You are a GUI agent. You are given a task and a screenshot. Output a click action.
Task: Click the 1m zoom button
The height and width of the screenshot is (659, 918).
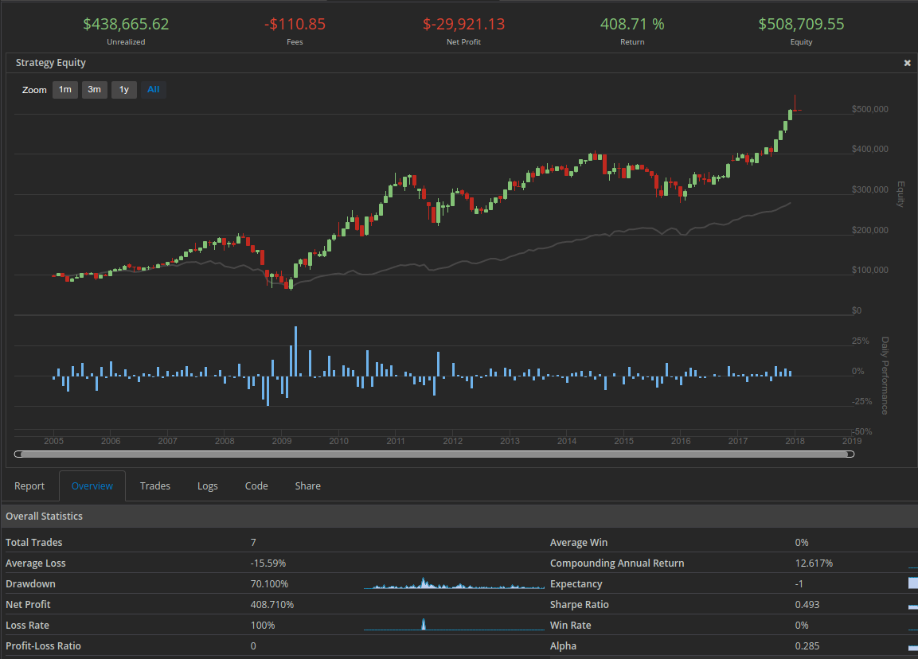click(65, 90)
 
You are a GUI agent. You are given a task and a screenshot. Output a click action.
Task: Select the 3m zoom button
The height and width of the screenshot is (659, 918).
click(94, 90)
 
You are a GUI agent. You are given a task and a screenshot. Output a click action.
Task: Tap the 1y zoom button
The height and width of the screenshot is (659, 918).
click(124, 90)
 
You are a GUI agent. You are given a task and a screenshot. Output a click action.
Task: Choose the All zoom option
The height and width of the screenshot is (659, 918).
click(154, 90)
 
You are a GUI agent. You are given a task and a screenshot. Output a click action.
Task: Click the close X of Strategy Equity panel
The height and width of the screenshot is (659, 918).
click(907, 63)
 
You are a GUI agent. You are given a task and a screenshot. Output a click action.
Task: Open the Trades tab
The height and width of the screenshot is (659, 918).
click(155, 485)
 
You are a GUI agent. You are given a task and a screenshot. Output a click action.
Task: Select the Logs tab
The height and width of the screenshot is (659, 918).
click(207, 485)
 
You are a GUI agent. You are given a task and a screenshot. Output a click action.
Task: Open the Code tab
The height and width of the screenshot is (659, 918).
click(256, 485)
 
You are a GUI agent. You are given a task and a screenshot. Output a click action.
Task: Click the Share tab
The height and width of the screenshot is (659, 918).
click(307, 485)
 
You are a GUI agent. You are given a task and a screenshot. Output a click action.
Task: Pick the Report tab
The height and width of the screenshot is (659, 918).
click(29, 485)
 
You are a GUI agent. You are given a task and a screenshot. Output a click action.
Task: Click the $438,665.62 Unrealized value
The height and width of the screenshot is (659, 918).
click(126, 24)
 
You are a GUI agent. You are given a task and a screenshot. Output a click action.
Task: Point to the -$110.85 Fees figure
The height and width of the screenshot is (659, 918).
click(295, 24)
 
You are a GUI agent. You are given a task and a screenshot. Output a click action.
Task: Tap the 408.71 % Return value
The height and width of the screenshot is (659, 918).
click(632, 24)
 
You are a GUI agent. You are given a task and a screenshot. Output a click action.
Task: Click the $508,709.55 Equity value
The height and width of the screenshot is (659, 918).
click(801, 24)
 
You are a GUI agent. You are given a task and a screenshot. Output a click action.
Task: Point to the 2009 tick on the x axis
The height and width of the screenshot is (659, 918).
click(282, 441)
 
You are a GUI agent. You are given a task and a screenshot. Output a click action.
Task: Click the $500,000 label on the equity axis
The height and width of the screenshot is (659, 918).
click(869, 110)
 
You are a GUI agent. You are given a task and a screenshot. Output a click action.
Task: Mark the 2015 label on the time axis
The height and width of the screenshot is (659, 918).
click(623, 441)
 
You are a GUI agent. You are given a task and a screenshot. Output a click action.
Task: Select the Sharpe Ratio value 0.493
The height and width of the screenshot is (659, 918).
click(807, 605)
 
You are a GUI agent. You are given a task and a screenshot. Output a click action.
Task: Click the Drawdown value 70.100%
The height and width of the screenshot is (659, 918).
click(269, 584)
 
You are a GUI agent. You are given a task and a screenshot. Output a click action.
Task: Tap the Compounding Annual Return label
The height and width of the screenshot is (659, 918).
click(617, 563)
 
